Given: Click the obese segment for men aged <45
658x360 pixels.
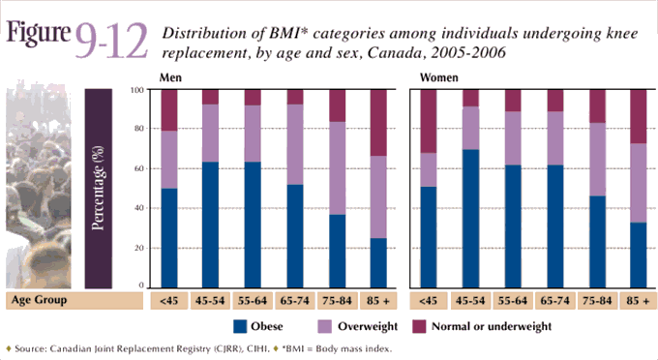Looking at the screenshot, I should click(169, 236).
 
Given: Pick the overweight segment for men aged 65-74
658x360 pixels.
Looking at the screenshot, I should click(294, 145).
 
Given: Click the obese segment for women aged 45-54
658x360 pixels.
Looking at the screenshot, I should click(470, 217).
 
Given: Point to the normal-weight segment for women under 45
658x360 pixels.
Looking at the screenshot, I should click(429, 121).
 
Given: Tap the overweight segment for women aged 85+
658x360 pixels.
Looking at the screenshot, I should click(639, 183).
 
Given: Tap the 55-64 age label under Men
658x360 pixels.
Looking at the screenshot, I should click(253, 300).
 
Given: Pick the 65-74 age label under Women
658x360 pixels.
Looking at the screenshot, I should click(554, 300).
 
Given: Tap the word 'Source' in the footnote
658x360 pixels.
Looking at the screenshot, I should click(31, 348).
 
